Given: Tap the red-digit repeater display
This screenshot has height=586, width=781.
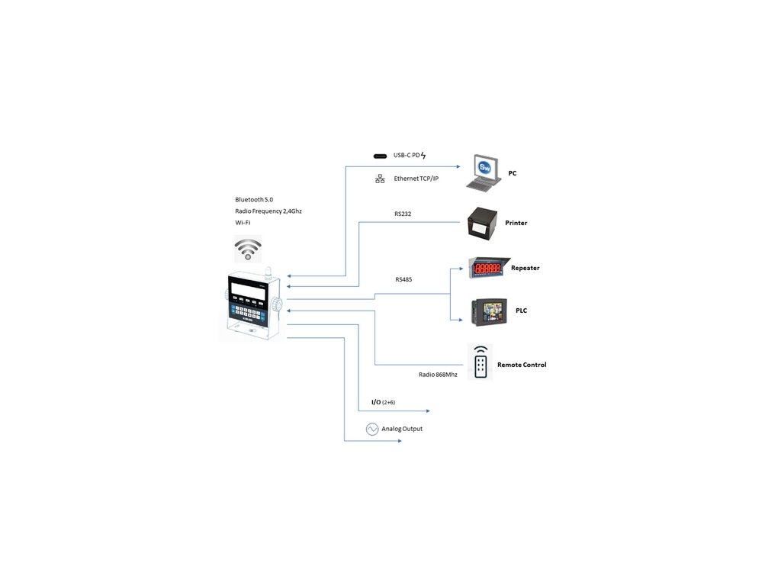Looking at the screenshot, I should tap(487, 269).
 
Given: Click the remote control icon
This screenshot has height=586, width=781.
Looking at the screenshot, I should tap(480, 362).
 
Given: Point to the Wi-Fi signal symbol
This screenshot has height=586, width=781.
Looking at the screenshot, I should tap(247, 249).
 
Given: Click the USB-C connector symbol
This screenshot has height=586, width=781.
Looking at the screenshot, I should tap(380, 156).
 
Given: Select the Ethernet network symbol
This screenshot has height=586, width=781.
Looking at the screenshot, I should tap(380, 179).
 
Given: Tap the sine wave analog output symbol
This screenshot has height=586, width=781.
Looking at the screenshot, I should tap(372, 429).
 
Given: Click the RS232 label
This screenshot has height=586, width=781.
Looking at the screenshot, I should tap(403, 214).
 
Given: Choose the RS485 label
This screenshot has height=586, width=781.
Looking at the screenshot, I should tap(403, 280).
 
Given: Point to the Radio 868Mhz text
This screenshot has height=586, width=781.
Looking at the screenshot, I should tap(438, 375).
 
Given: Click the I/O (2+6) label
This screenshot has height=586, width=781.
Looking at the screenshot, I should tap(383, 402).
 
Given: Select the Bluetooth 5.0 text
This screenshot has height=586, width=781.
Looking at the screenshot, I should tap(254, 199).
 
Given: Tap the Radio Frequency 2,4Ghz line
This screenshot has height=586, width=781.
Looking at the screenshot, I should tap(268, 211).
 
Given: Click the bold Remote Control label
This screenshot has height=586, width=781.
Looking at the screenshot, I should tap(522, 365).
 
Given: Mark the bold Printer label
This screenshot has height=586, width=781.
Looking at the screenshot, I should tap(516, 223).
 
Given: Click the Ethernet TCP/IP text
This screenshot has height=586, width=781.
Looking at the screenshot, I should tap(416, 179).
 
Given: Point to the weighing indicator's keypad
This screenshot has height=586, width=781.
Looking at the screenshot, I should tap(247, 312).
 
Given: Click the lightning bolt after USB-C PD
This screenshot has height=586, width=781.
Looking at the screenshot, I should tap(424, 156).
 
